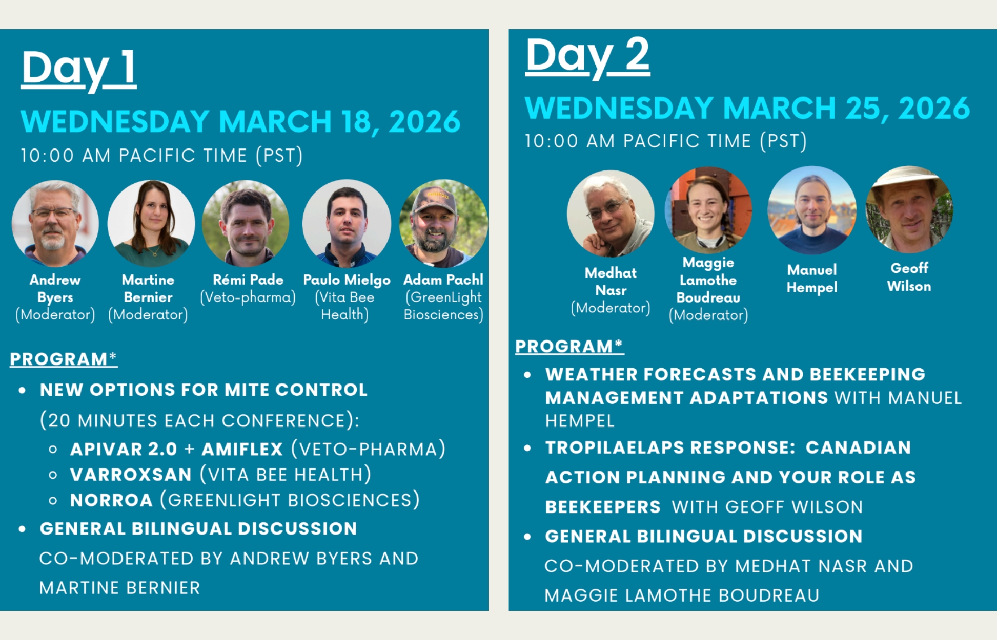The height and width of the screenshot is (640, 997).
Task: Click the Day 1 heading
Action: (79, 69)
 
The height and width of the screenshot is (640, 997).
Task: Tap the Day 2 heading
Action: (587, 56)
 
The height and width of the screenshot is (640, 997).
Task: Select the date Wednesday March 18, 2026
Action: (240, 121)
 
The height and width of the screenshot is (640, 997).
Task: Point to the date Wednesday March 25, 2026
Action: (747, 108)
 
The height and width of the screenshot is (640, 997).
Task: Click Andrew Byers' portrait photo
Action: (55, 223)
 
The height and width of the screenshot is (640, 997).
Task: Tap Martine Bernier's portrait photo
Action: (151, 223)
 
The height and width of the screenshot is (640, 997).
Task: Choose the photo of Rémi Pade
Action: (246, 223)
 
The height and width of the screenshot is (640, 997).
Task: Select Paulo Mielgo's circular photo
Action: (347, 223)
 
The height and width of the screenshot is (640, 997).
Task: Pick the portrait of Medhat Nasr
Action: (611, 214)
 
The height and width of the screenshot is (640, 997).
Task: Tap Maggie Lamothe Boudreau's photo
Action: (708, 210)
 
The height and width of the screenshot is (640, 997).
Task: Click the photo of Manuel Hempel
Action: (812, 210)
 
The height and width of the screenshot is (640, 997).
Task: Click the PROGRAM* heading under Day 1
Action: (64, 359)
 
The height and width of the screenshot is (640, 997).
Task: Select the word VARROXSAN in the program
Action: (131, 475)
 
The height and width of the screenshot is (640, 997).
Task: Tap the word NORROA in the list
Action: (111, 500)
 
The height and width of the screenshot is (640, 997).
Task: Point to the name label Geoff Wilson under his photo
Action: (909, 277)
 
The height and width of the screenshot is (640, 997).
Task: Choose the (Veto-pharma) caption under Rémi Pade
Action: (248, 297)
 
